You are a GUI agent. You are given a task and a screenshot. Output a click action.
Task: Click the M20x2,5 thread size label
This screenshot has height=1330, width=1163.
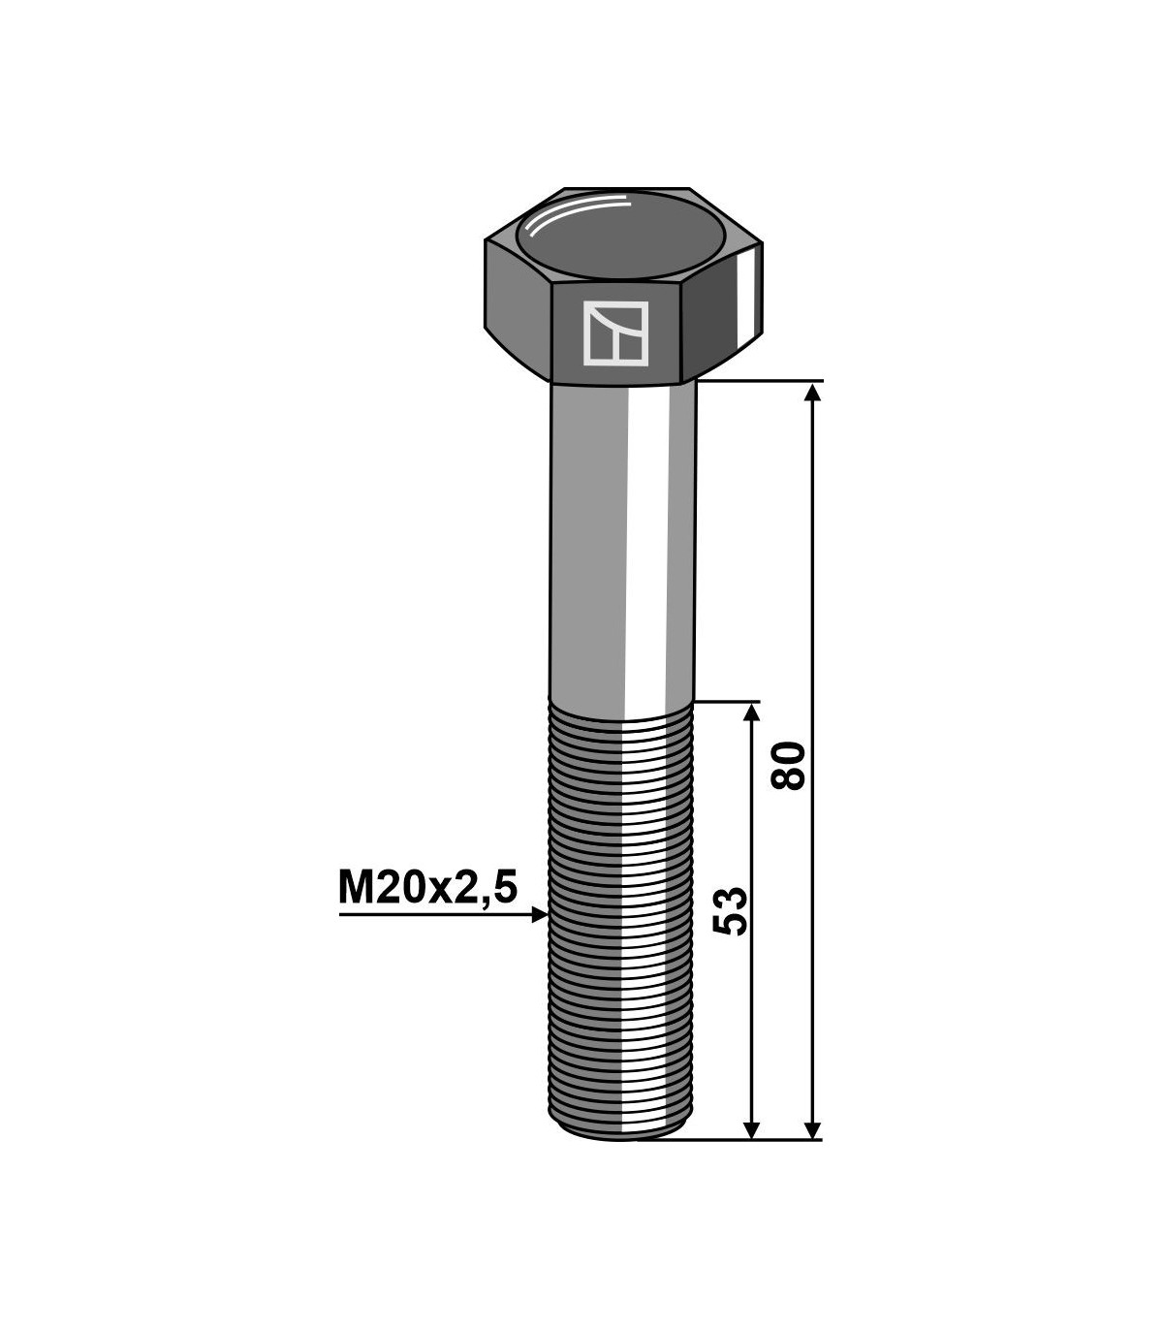[x=428, y=889]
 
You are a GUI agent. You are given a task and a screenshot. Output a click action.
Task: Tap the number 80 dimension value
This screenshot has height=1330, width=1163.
[x=788, y=765]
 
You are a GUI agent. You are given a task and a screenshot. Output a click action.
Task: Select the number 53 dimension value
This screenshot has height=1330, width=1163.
[x=731, y=910]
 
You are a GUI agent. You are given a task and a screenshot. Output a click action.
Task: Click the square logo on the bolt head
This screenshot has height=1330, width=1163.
[x=615, y=332]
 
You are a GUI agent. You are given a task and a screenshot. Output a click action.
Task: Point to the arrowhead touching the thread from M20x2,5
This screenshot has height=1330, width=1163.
[x=540, y=915]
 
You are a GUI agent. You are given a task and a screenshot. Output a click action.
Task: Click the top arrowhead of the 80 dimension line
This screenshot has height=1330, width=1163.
[x=812, y=392]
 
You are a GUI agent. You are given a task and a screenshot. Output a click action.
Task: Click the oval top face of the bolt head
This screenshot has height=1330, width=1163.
[x=620, y=234]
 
